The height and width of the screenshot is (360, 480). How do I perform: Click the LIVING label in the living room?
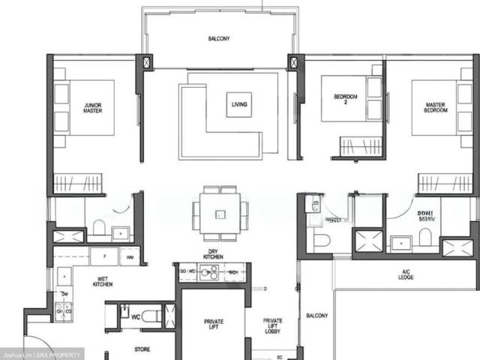click(x=240, y=104)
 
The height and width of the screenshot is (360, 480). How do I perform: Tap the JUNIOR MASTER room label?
click(x=93, y=107)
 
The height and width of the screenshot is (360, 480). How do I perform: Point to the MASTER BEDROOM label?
click(x=436, y=107)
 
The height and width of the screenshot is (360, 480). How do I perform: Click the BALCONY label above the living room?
click(x=219, y=38)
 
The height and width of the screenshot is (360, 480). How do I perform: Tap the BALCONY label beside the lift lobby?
click(x=316, y=316)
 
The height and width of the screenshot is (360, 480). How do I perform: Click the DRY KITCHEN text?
click(x=213, y=254)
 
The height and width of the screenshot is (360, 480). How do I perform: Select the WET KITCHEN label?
click(x=103, y=283)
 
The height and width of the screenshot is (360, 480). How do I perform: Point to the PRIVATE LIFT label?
click(x=214, y=324)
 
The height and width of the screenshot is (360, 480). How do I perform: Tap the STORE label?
click(x=142, y=349)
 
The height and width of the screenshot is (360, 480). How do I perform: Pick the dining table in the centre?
click(x=219, y=213)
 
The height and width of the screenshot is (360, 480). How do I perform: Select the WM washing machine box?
click(x=130, y=258)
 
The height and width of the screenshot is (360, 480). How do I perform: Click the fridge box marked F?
click(x=103, y=257)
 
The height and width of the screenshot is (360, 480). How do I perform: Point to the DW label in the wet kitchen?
click(x=65, y=293)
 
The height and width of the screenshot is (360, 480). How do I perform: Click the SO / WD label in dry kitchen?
click(x=188, y=270)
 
